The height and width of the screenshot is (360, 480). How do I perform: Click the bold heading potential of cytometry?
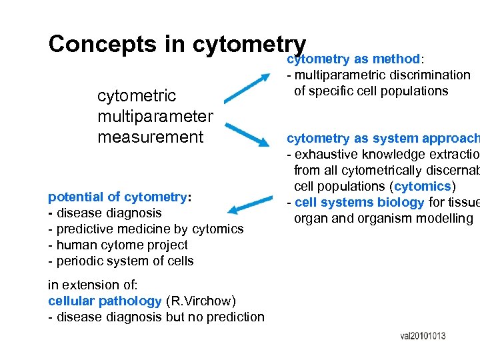[118, 197]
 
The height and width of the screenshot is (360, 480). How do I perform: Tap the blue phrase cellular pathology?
[105, 301]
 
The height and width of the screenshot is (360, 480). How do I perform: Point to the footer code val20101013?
[423, 336]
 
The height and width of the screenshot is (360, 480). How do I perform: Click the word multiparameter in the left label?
[155, 117]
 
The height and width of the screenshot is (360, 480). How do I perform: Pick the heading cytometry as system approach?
[382, 139]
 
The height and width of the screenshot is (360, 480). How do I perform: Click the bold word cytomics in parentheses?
[422, 186]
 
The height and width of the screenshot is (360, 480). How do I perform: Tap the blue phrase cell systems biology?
[359, 203]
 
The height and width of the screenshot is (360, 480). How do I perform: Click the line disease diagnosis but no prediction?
[156, 317]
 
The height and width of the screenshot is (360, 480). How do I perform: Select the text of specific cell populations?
[371, 91]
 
